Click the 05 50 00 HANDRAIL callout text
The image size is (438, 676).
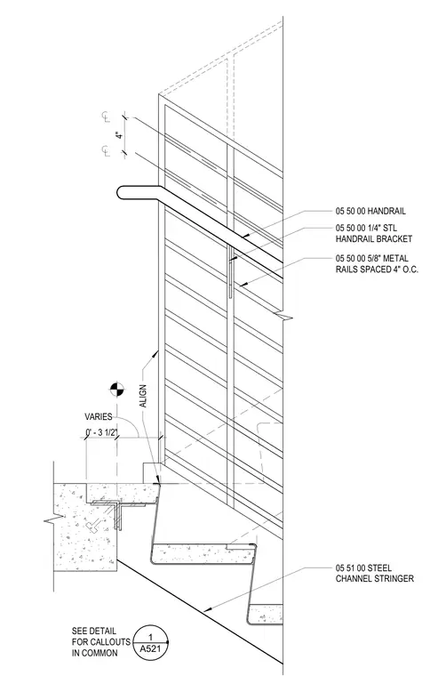tap(370, 212)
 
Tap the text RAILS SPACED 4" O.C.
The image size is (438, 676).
tap(377, 270)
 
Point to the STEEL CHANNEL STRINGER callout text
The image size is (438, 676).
tap(375, 574)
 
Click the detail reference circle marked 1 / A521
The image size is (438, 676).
tap(150, 642)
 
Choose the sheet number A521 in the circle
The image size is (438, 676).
tap(150, 648)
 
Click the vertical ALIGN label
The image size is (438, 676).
tap(143, 395)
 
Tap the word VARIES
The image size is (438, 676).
tap(99, 417)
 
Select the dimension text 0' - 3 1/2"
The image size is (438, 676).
tap(101, 432)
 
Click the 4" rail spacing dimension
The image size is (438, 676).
tap(120, 134)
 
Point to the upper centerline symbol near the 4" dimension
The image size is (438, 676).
tap(106, 116)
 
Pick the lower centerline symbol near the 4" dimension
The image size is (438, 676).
tap(106, 151)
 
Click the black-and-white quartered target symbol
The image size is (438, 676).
tap(116, 389)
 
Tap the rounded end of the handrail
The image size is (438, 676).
tap(121, 193)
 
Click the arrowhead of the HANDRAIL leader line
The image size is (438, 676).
tap(244, 236)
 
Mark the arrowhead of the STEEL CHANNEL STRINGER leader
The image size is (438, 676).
tap(207, 609)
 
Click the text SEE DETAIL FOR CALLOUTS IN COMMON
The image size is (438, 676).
tap(100, 642)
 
